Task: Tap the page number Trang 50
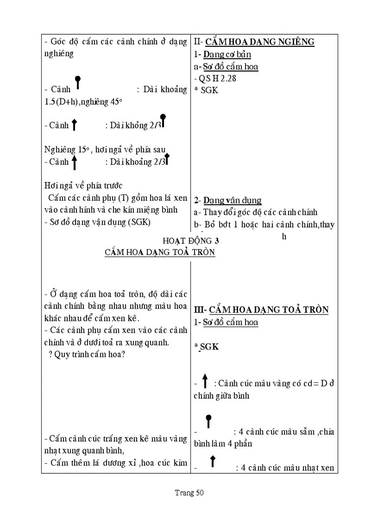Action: click(189, 493)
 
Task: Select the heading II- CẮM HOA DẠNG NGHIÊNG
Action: click(254, 42)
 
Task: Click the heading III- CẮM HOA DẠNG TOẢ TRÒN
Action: click(261, 310)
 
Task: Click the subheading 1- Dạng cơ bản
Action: click(222, 54)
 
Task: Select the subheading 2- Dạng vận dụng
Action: click(227, 200)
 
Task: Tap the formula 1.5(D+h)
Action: click(62, 102)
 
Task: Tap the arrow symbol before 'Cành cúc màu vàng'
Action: click(205, 381)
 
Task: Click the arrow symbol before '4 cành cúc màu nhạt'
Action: click(213, 461)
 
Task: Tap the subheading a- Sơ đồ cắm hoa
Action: click(226, 66)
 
